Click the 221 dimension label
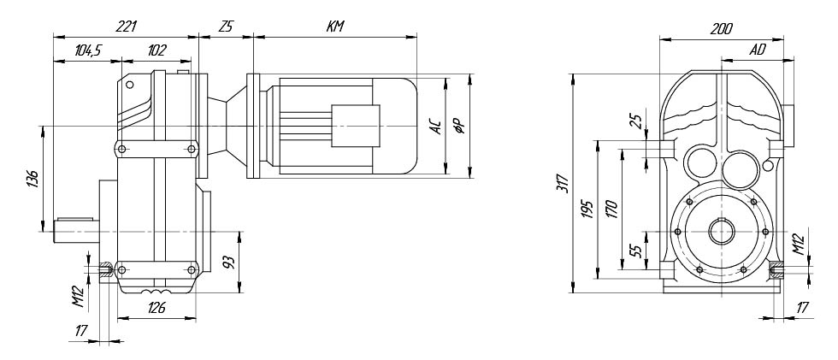(x=127, y=27)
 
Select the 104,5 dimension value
(x=88, y=50)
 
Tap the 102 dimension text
(x=156, y=50)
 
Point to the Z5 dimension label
(x=226, y=27)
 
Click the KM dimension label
(x=335, y=27)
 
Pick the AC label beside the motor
(x=436, y=127)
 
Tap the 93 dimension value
(x=228, y=263)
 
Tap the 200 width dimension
(x=721, y=29)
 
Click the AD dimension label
(x=758, y=50)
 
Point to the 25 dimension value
(x=636, y=121)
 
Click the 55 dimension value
(x=636, y=251)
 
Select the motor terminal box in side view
(x=356, y=126)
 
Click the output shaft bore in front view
(x=722, y=232)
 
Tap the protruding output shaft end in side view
(x=76, y=231)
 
